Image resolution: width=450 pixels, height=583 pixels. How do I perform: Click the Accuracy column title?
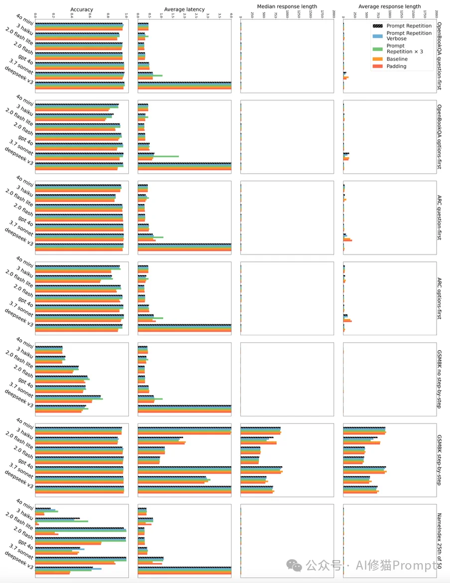[x=82, y=9]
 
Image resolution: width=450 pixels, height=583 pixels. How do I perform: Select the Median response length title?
[x=287, y=6]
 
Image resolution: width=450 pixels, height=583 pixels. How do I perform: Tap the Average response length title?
[x=389, y=6]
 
